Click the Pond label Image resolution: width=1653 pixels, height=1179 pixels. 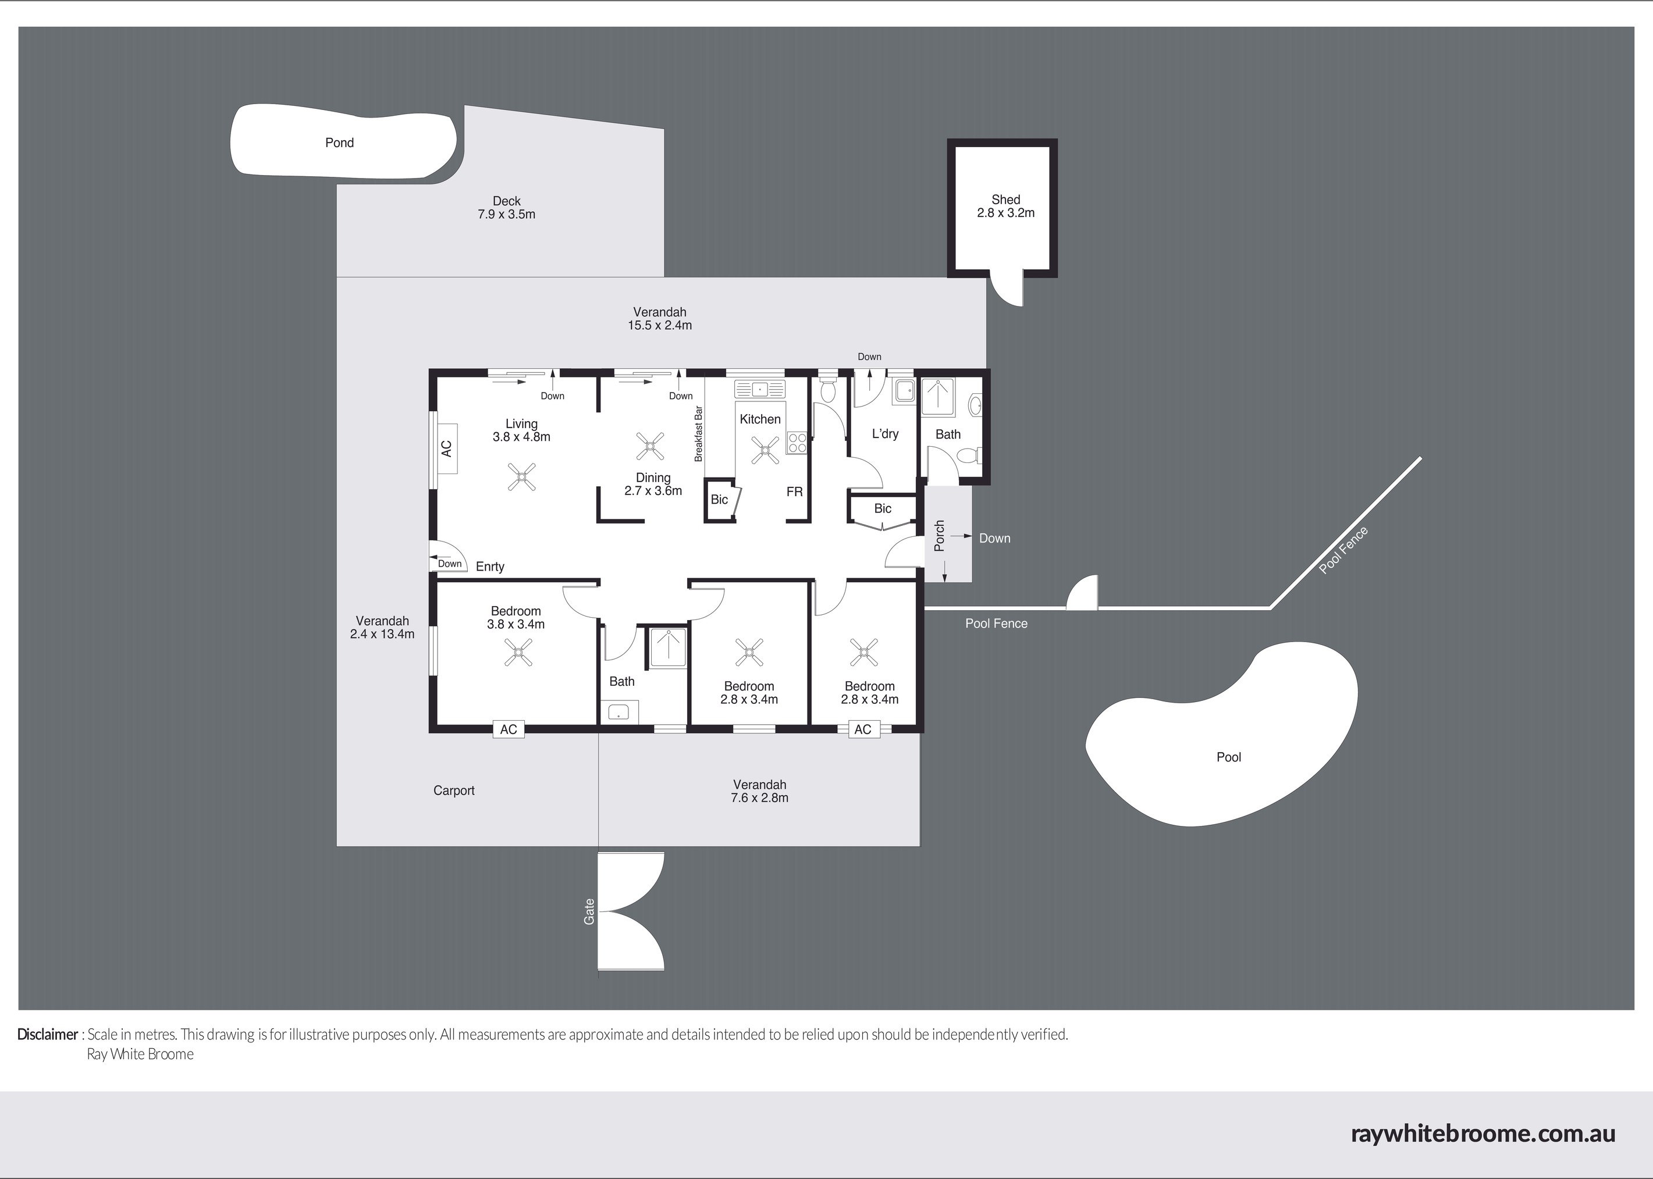(339, 143)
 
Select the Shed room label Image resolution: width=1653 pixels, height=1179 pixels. (1006, 200)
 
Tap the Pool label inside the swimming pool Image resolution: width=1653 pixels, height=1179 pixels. (1229, 757)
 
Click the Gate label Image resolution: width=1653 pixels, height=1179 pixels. (589, 912)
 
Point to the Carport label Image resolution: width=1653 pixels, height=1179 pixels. (454, 790)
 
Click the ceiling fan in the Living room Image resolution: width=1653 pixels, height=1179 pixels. (521, 478)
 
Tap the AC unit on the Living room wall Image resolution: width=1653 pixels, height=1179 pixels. (446, 448)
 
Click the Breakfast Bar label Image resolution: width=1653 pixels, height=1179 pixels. (699, 433)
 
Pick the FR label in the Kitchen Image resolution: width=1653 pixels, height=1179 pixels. (795, 491)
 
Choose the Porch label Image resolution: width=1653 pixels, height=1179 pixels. (939, 536)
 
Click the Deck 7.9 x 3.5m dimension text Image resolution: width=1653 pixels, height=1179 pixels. (506, 215)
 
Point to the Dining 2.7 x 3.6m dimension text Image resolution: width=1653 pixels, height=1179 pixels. (653, 491)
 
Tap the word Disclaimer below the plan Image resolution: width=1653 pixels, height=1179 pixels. (48, 1034)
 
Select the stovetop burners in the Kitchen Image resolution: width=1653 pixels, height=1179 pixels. (797, 442)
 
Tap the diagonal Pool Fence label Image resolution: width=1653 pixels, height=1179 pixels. (1343, 550)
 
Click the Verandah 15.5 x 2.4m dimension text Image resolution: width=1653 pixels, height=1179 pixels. (659, 326)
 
